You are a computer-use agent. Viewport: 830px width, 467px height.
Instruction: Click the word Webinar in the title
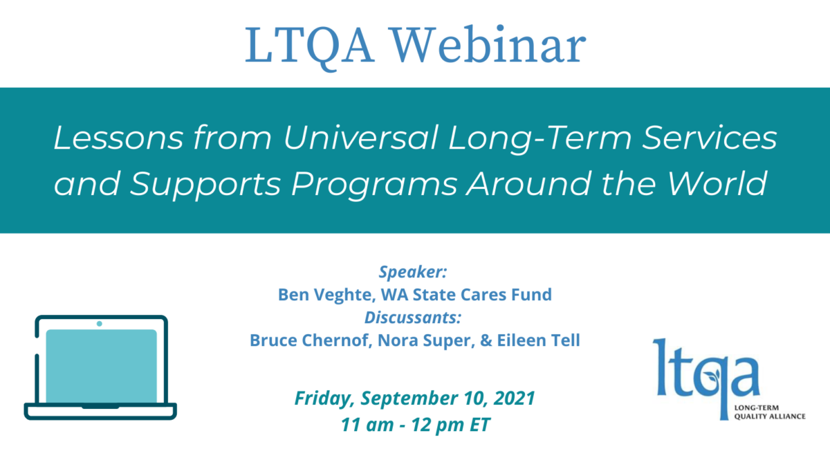(489, 45)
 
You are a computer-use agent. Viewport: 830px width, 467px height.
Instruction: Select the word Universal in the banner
(360, 138)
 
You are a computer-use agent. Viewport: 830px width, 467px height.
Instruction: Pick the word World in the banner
(717, 183)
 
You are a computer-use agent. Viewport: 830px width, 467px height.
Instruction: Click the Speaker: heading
(413, 272)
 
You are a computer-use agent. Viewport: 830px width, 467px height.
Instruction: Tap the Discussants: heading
(413, 318)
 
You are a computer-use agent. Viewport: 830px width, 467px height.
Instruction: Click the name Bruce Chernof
(311, 340)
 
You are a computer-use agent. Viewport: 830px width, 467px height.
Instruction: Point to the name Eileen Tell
(538, 340)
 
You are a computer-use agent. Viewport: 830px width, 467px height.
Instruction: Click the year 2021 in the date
(514, 398)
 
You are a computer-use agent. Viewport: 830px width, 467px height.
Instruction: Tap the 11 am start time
(367, 425)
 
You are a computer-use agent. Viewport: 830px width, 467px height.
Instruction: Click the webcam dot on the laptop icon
(100, 324)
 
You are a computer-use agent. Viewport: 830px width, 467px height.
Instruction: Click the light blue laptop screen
(101, 366)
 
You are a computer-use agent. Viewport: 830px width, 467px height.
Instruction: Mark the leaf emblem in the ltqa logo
(712, 376)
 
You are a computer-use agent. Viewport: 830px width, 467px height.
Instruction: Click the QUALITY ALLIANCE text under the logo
(770, 416)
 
